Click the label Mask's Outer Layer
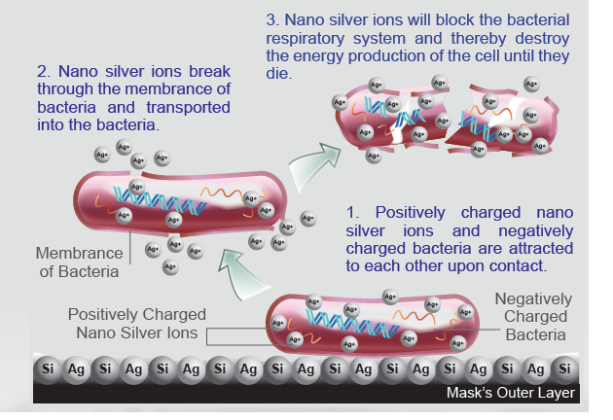(x=511, y=393)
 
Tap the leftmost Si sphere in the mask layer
(x=48, y=368)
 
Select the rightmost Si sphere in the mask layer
(x=564, y=368)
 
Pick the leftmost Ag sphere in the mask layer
(x=76, y=369)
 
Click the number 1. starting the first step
(x=352, y=213)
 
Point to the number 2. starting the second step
(x=44, y=72)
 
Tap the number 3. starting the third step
(x=272, y=19)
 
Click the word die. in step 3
(x=279, y=73)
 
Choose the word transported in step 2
(x=188, y=108)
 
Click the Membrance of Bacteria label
(x=79, y=262)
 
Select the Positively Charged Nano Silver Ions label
(x=137, y=324)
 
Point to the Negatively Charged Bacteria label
(x=534, y=317)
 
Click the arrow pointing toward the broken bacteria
(x=312, y=165)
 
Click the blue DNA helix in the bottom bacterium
(x=352, y=324)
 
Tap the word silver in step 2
(x=124, y=72)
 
